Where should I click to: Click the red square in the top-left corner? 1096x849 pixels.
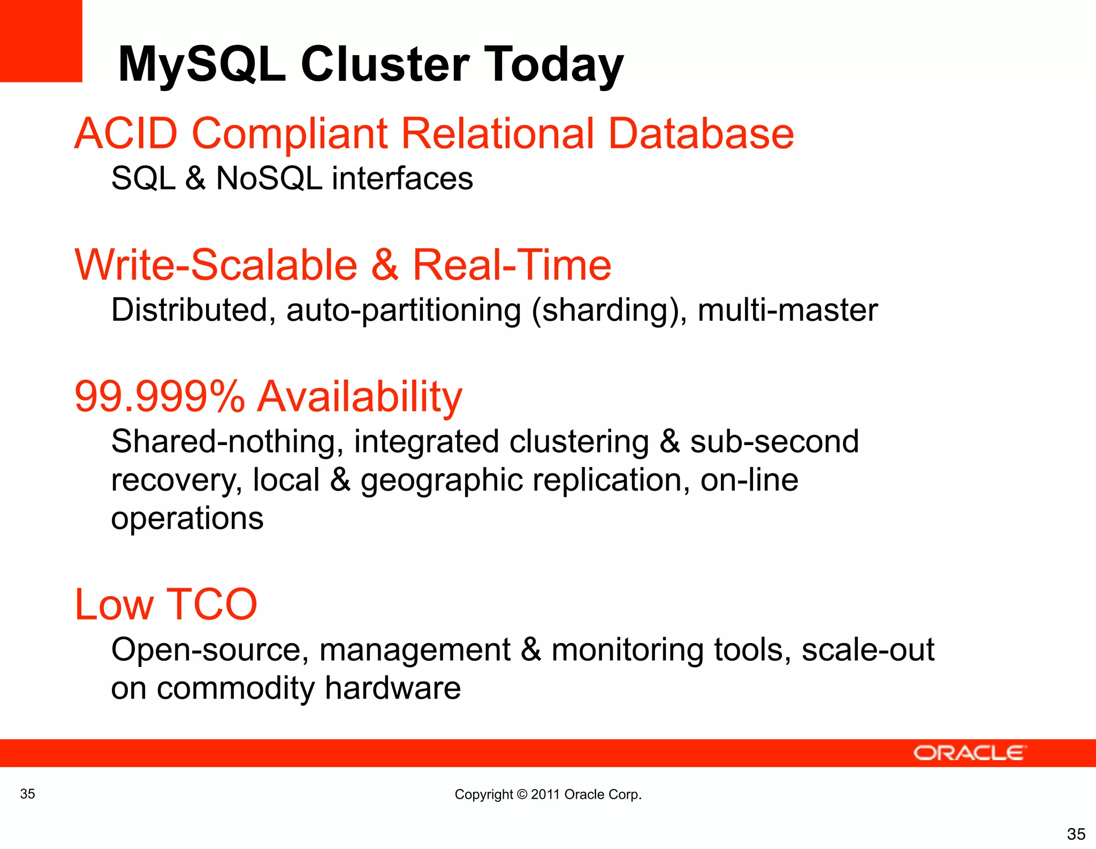pos(41,41)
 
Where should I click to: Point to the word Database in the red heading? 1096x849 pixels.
pos(701,133)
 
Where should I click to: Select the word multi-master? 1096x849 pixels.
pos(787,310)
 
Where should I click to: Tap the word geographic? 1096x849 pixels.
pos(441,480)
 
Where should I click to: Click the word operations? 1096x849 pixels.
pos(187,519)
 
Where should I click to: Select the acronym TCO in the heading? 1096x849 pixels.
pos(212,605)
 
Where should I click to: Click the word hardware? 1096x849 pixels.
pos(392,688)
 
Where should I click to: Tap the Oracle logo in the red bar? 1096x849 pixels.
pos(970,753)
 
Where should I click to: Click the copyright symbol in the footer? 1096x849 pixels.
pos(522,794)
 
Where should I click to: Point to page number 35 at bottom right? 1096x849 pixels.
pos(1076,833)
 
